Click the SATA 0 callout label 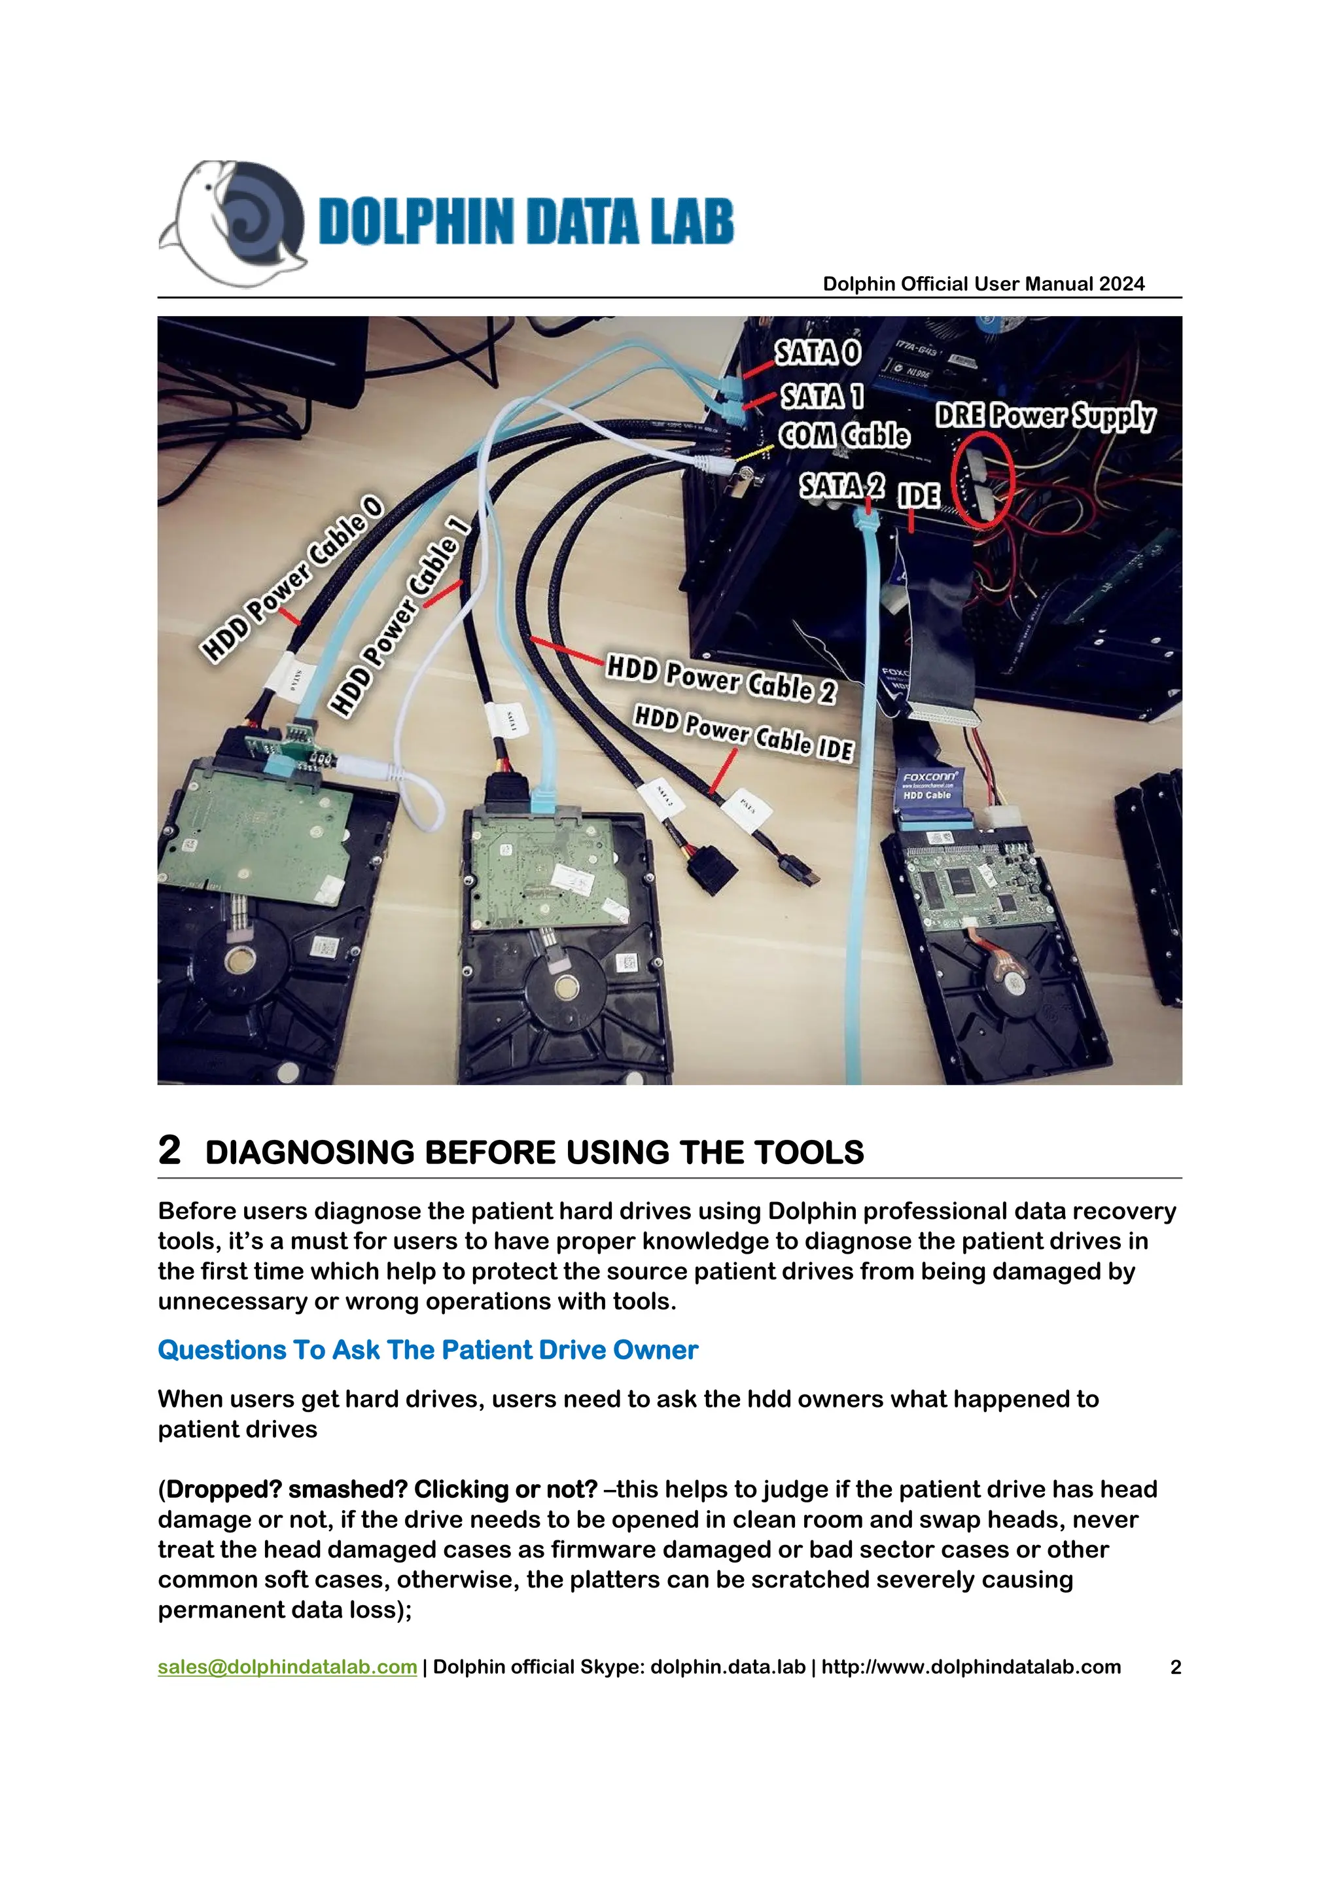(x=817, y=353)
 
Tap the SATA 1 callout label (x=822, y=397)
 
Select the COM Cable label (x=843, y=436)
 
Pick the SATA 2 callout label (x=841, y=487)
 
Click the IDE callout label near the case (x=917, y=495)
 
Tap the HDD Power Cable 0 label (x=293, y=578)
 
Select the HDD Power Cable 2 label (x=721, y=679)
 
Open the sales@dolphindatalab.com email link (x=287, y=1667)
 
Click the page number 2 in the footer (x=1175, y=1667)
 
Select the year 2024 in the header (x=1121, y=284)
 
